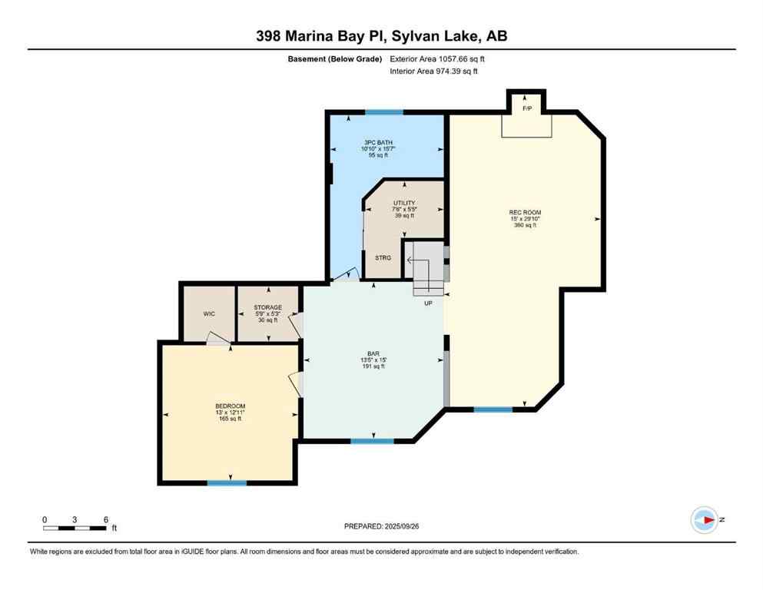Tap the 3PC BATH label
(375, 142)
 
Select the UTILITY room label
(404, 203)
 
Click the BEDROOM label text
(230, 406)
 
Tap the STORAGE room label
(268, 307)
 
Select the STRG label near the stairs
(383, 257)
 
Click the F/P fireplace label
(526, 108)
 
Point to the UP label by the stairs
(429, 303)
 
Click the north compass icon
(704, 520)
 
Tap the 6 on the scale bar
(104, 519)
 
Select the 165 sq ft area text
(230, 419)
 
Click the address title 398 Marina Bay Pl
(381, 36)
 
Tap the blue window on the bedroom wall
(227, 482)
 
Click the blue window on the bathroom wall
(384, 112)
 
